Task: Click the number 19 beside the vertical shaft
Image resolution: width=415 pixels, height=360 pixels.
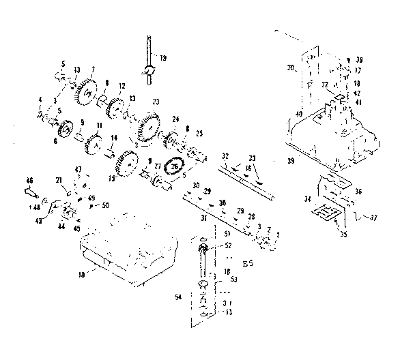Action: [163, 58]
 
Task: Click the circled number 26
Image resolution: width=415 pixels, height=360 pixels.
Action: [175, 166]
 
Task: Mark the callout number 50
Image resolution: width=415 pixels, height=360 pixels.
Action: [104, 205]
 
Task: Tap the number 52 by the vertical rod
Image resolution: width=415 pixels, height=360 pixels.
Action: [227, 245]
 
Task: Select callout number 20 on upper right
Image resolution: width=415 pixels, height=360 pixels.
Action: [290, 68]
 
